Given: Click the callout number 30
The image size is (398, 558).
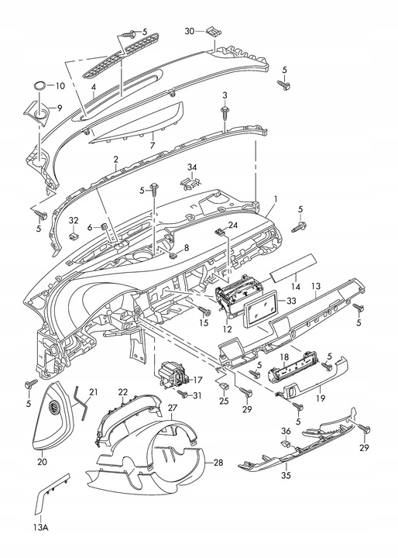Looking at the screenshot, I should pyautogui.click(x=189, y=31).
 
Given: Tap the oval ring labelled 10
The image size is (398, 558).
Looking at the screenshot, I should pyautogui.click(x=39, y=85).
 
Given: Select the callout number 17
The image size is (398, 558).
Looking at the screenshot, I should pyautogui.click(x=197, y=380).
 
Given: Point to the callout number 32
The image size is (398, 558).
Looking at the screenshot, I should pyautogui.click(x=74, y=221).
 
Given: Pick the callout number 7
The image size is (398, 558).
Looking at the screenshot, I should pyautogui.click(x=153, y=145).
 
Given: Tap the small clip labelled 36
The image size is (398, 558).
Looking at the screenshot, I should pyautogui.click(x=285, y=445).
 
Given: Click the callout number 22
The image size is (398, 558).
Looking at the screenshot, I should pyautogui.click(x=122, y=393).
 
